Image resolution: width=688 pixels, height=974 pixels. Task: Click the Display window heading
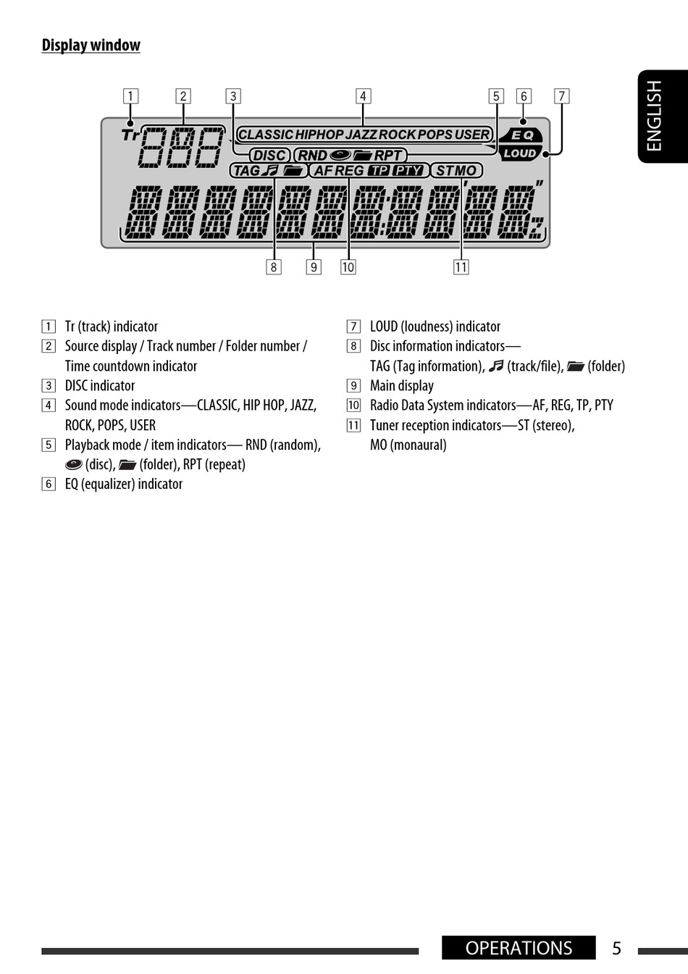91,45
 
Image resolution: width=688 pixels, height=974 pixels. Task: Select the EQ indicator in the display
522,135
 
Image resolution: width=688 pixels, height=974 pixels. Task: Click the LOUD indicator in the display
519,153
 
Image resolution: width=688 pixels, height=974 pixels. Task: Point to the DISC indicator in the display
269,155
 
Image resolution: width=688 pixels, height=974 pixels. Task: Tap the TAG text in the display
246,171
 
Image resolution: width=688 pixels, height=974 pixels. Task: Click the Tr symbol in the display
130,135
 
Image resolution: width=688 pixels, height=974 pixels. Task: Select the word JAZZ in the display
361,135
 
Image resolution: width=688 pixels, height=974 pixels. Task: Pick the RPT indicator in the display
387,155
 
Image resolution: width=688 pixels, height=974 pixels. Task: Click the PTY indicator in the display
408,171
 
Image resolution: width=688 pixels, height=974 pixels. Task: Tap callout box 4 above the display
363,96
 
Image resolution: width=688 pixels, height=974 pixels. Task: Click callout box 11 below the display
461,267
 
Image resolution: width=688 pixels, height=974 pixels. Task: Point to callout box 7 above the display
561,96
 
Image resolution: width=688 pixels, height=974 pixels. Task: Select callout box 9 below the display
314,267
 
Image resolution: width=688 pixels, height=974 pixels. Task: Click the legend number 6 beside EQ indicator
49,484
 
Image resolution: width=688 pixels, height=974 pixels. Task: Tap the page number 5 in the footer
616,948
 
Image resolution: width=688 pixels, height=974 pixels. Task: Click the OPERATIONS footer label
519,948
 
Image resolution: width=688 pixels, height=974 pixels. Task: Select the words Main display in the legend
402,386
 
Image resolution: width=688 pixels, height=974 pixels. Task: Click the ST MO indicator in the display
456,171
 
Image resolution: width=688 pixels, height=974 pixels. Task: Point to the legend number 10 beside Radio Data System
353,406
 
